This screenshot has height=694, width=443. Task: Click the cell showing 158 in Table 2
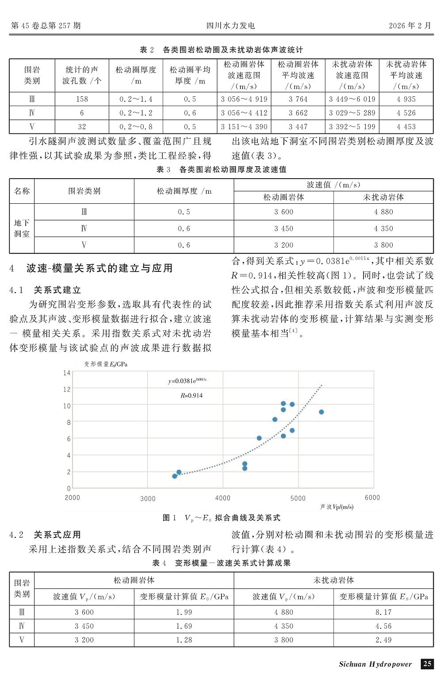(x=82, y=99)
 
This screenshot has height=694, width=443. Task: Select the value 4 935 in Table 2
(x=406, y=99)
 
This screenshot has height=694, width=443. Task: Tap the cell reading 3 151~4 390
(x=244, y=127)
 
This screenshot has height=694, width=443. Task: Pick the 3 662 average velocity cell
(x=298, y=113)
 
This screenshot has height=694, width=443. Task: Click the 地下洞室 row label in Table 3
(x=22, y=229)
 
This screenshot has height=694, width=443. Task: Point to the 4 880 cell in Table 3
(x=383, y=212)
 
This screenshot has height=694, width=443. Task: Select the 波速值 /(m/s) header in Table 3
(x=333, y=185)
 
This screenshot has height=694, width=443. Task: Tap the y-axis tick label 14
(x=66, y=373)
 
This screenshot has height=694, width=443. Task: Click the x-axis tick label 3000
(x=148, y=499)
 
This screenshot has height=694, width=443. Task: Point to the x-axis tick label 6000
(x=372, y=498)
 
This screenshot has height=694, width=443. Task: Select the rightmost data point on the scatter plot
(x=321, y=412)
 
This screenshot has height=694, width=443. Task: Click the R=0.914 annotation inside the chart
(x=191, y=396)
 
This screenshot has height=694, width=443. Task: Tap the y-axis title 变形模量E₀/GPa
(x=106, y=364)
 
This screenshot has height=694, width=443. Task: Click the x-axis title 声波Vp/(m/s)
(x=337, y=507)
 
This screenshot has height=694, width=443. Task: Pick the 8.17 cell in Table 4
(x=383, y=612)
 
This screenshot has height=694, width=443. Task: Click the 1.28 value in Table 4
(x=184, y=640)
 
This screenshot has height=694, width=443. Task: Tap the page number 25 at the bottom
(x=427, y=664)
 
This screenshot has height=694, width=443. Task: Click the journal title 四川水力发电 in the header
(x=231, y=26)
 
